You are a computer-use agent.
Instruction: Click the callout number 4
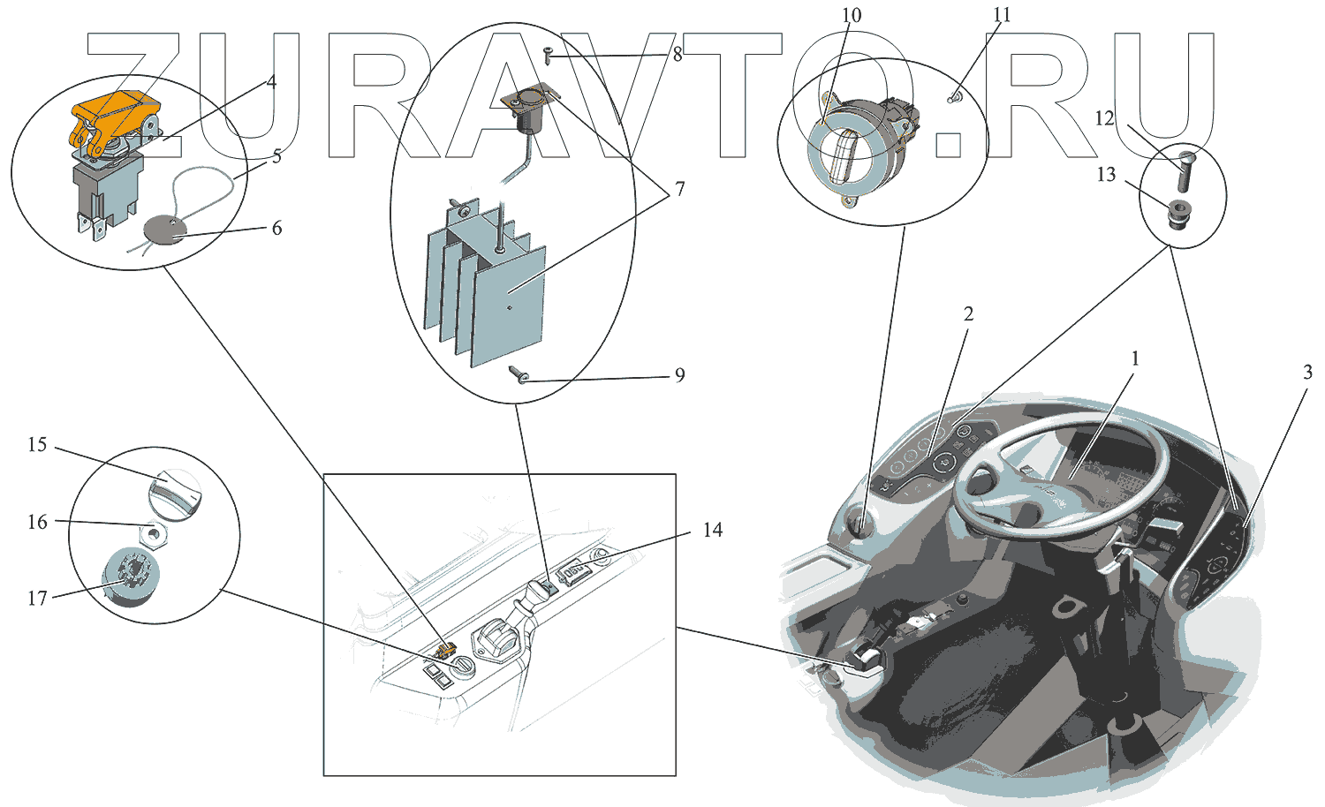click(271, 82)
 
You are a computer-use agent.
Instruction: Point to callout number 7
click(679, 189)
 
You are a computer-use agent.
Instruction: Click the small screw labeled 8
click(548, 54)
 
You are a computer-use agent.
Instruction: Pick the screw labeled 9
click(519, 376)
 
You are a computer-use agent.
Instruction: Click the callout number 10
click(851, 15)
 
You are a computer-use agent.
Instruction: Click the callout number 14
click(712, 530)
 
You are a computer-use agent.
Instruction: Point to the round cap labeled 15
click(174, 491)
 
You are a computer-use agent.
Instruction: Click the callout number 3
click(1307, 373)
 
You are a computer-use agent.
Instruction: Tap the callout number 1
click(1135, 358)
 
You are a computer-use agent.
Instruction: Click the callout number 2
click(968, 314)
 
